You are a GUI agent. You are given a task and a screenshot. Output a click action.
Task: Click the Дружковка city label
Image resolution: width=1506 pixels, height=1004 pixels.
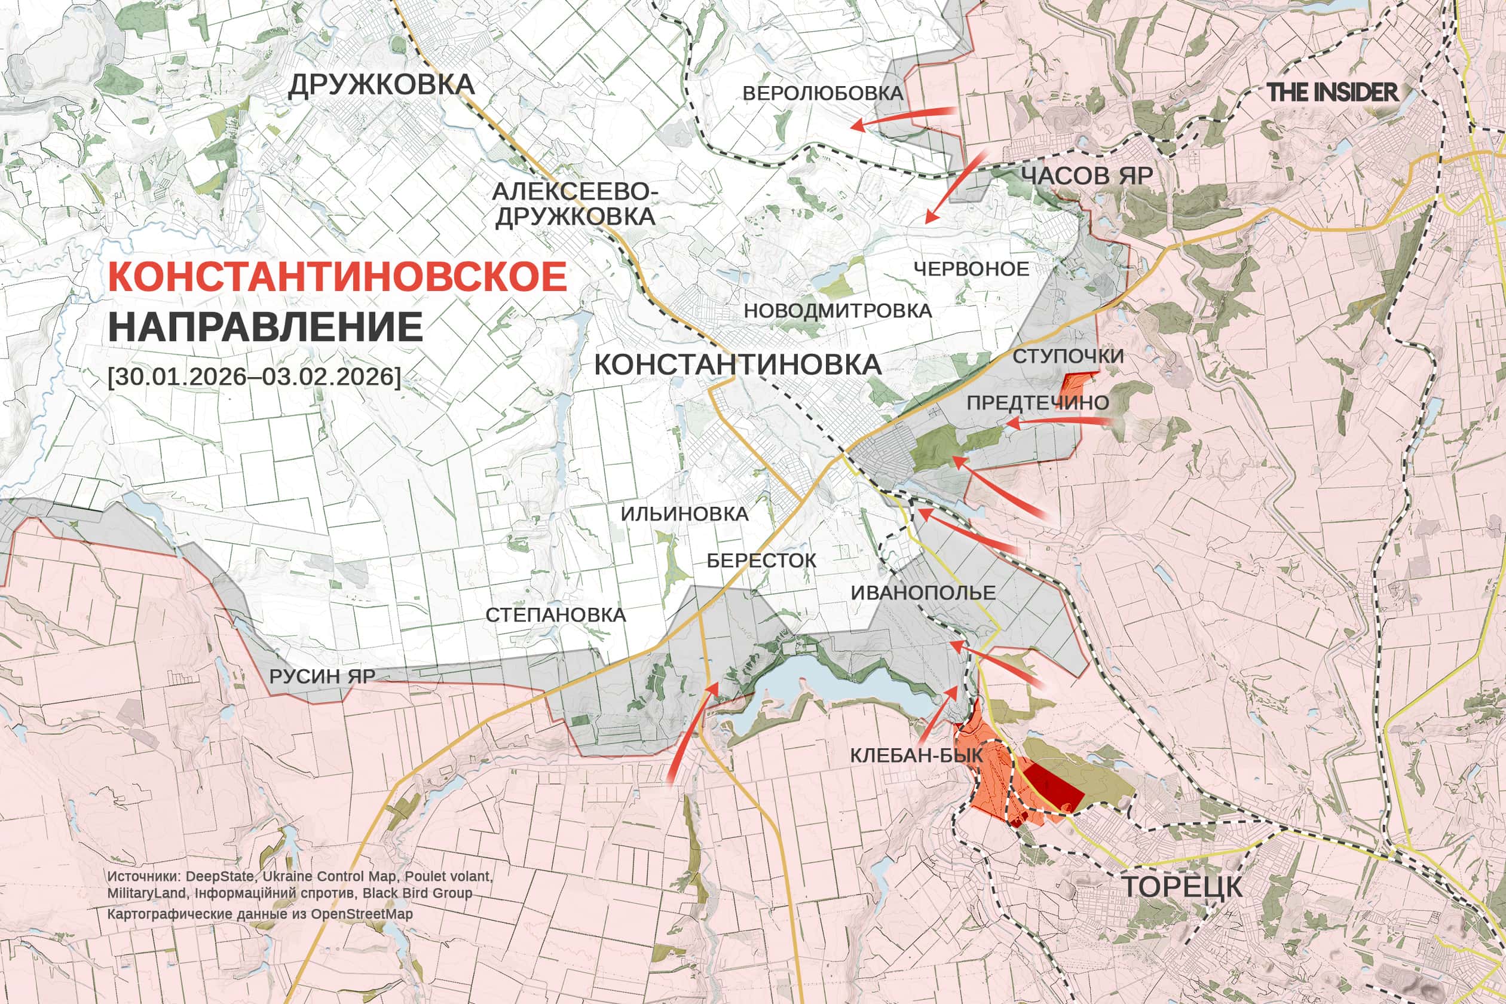click(382, 85)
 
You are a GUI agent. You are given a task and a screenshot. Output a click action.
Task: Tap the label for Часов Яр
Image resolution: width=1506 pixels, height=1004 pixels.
click(1086, 176)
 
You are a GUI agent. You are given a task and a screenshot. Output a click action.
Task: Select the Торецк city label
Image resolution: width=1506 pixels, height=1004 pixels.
click(1182, 887)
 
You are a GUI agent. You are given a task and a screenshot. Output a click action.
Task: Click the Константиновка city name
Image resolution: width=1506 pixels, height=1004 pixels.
click(737, 365)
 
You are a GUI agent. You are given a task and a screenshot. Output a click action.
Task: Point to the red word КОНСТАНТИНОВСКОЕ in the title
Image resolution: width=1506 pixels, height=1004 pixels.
click(338, 277)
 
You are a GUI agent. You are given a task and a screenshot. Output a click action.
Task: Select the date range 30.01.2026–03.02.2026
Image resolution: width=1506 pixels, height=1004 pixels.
click(254, 376)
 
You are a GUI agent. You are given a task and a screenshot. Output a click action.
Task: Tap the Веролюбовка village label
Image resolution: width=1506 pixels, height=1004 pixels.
click(823, 93)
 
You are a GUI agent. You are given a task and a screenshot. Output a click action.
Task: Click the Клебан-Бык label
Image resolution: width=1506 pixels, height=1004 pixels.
click(916, 755)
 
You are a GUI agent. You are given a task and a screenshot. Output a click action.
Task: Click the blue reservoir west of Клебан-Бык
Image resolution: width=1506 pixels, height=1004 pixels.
click(832, 688)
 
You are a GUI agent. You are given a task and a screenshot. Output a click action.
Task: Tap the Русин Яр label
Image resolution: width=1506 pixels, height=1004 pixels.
click(322, 676)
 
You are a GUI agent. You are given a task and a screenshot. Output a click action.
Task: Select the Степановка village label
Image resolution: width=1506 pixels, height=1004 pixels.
click(555, 615)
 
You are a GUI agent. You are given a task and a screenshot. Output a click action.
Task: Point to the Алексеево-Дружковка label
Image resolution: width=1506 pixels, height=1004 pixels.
click(574, 204)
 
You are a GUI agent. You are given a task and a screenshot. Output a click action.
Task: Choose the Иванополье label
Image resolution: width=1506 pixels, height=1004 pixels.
click(923, 593)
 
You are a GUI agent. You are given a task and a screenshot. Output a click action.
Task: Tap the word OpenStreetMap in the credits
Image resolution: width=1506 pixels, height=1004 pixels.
click(362, 914)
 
